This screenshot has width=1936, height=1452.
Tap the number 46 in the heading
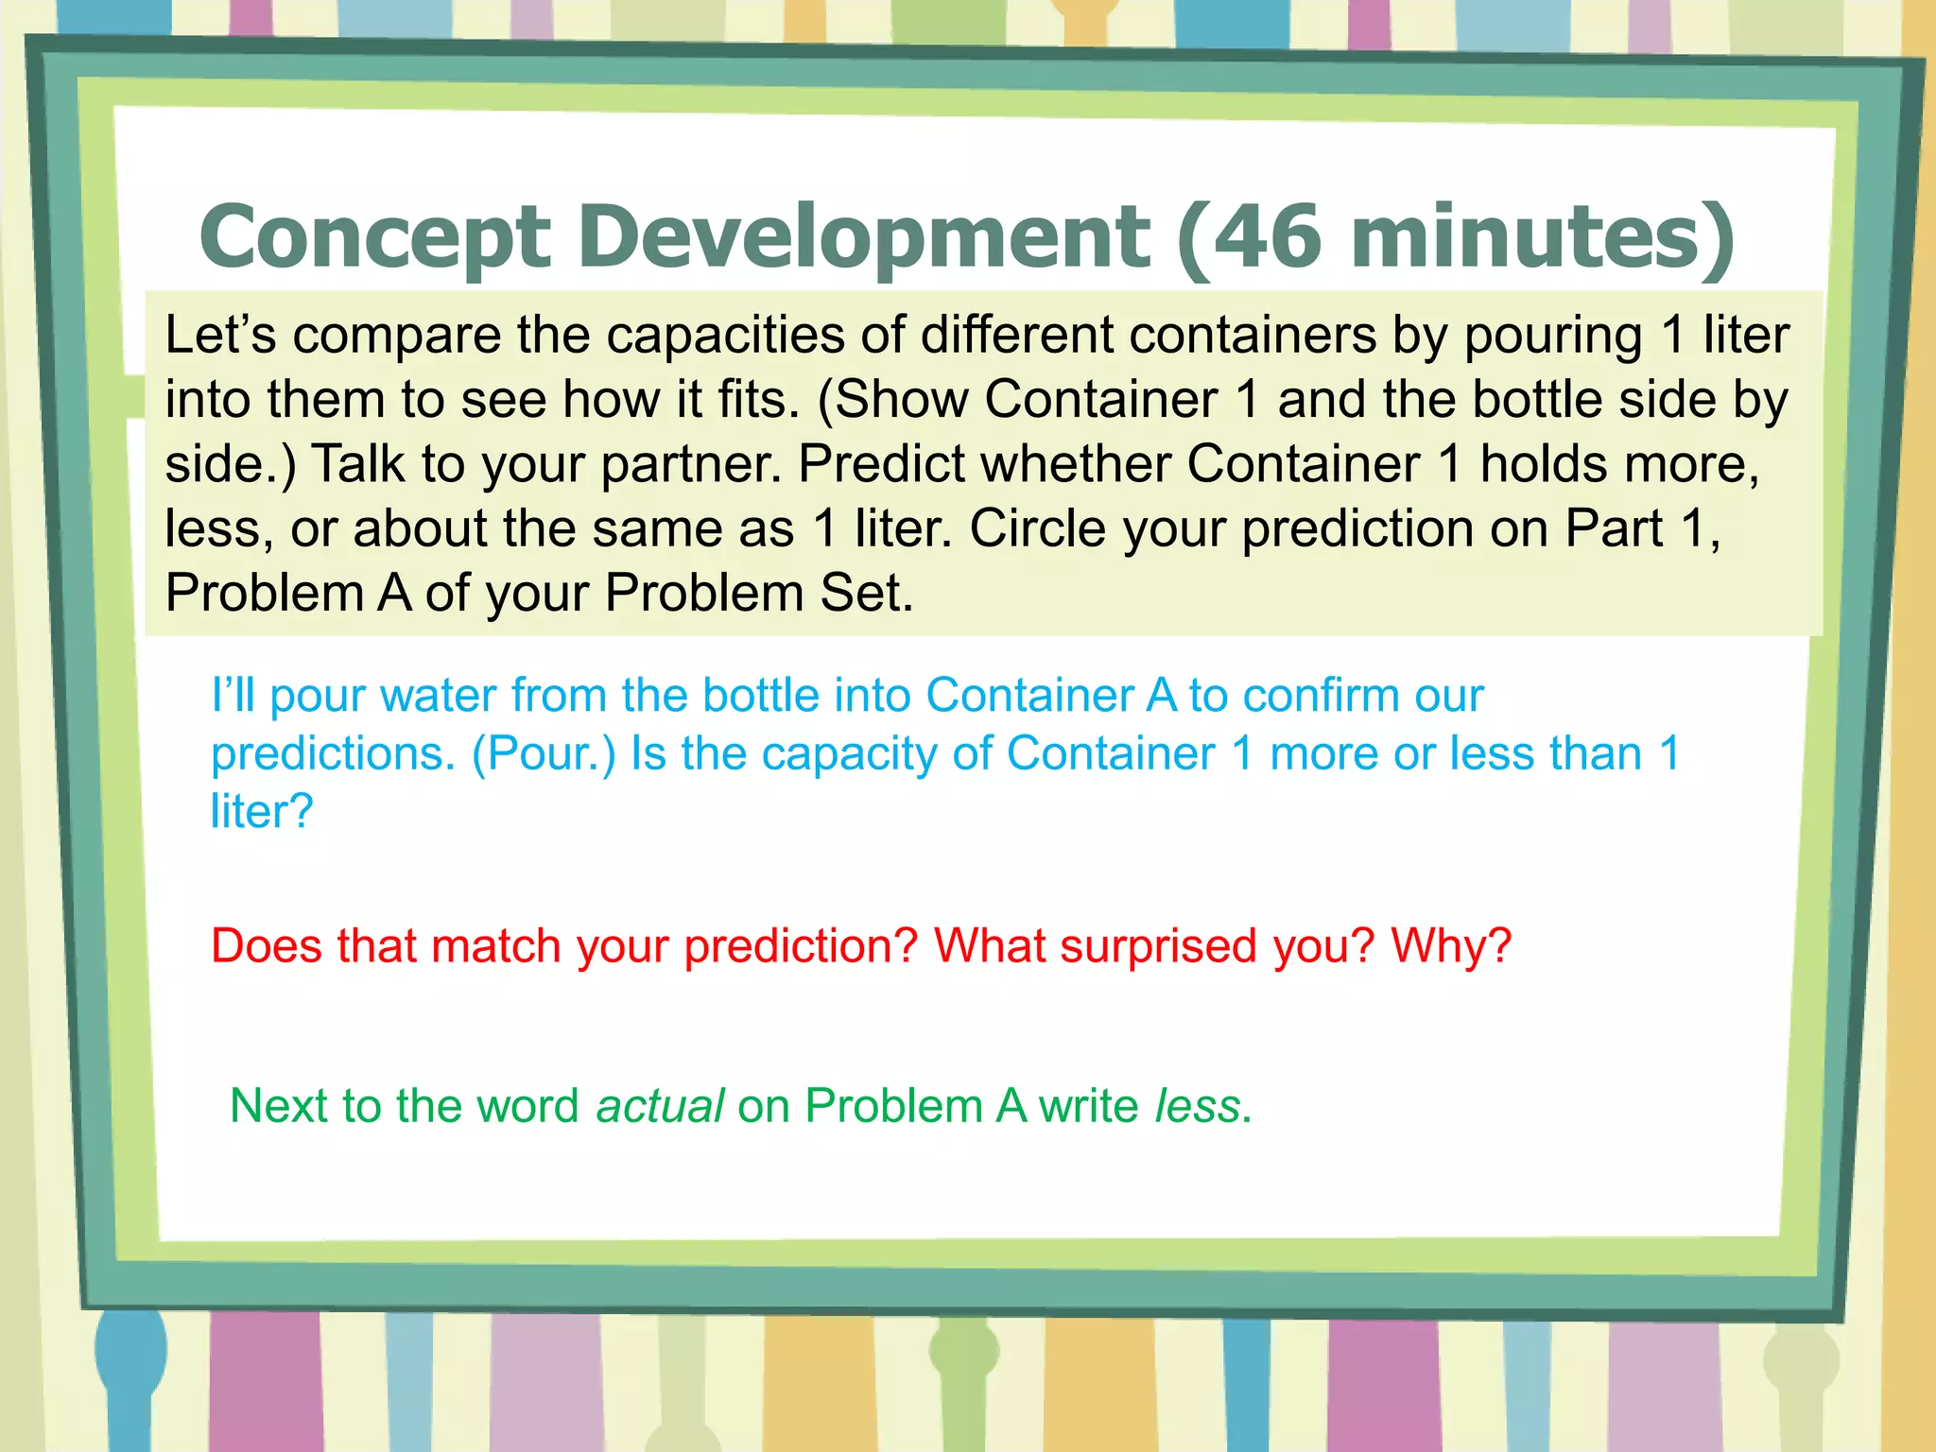1266,236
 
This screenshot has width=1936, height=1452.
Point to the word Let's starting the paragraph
220,335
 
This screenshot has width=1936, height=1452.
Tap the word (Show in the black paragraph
892,399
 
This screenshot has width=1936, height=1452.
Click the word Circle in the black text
1037,528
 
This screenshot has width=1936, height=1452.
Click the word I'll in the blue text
233,695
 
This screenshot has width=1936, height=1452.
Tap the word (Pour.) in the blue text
544,753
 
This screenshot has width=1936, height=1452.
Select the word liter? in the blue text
261,811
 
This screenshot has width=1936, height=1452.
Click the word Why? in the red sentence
1451,945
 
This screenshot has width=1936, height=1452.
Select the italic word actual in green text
660,1105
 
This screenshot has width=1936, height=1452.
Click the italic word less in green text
1197,1105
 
